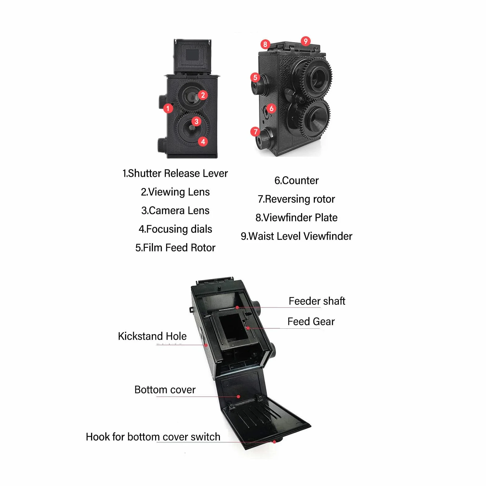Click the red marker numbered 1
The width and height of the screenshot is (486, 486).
pyautogui.click(x=168, y=108)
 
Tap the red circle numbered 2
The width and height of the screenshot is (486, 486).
pyautogui.click(x=203, y=95)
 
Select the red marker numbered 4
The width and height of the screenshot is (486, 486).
pyautogui.click(x=203, y=142)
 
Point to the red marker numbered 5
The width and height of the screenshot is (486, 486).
pyautogui.click(x=255, y=77)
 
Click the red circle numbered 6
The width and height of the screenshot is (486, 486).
pyautogui.click(x=271, y=108)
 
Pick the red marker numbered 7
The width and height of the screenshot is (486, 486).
pyautogui.click(x=255, y=132)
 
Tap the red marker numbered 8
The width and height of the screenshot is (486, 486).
pyautogui.click(x=265, y=44)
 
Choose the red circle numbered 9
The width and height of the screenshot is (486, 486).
pyautogui.click(x=305, y=41)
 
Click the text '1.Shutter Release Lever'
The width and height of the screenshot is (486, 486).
pyautogui.click(x=175, y=173)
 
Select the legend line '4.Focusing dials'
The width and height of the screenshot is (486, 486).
pyautogui.click(x=175, y=229)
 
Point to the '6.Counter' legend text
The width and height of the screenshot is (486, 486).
pyautogui.click(x=296, y=181)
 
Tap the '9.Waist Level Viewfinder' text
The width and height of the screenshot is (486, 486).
pyautogui.click(x=296, y=236)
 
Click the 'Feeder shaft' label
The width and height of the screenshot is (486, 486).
pyautogui.click(x=317, y=301)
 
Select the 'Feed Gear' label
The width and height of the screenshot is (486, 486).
pyautogui.click(x=311, y=322)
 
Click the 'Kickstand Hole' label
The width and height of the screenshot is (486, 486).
pyautogui.click(x=152, y=336)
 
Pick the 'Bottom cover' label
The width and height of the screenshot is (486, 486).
pyautogui.click(x=165, y=390)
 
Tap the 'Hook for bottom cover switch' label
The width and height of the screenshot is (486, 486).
pyautogui.click(x=153, y=437)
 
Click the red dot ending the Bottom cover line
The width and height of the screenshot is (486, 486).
pyautogui.click(x=239, y=396)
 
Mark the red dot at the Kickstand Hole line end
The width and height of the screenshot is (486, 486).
pyautogui.click(x=206, y=345)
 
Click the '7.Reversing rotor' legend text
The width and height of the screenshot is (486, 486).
pyautogui.click(x=296, y=199)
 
